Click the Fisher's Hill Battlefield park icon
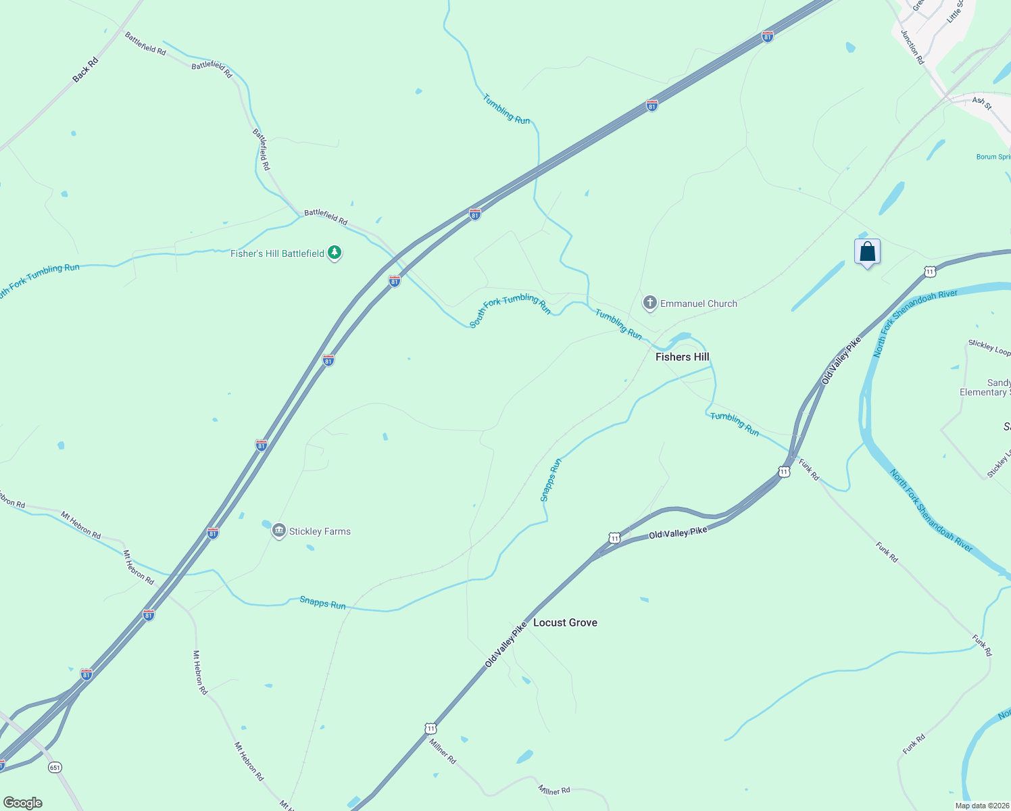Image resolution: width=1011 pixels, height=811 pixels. pyautogui.click(x=334, y=253)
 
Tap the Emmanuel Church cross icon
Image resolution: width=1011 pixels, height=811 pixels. pyautogui.click(x=649, y=303)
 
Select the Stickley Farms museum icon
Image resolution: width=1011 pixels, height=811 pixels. pyautogui.click(x=278, y=531)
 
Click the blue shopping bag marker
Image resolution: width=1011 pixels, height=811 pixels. pyautogui.click(x=867, y=252)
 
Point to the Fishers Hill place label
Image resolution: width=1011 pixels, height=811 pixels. pyautogui.click(x=682, y=357)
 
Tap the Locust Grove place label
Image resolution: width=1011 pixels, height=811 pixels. pyautogui.click(x=565, y=622)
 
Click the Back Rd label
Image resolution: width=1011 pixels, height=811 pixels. pyautogui.click(x=85, y=70)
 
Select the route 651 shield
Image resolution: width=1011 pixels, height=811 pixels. pyautogui.click(x=55, y=767)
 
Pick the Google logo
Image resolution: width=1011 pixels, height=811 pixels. pyautogui.click(x=23, y=803)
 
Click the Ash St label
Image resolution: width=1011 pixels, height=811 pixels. pyautogui.click(x=982, y=103)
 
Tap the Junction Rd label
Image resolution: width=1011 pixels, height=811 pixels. pyautogui.click(x=912, y=47)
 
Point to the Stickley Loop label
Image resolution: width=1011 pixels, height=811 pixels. pyautogui.click(x=989, y=347)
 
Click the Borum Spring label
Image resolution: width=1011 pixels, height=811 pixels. pyautogui.click(x=993, y=157)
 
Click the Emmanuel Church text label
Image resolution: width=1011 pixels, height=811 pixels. pyautogui.click(x=698, y=303)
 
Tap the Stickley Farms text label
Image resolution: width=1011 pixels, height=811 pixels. pyautogui.click(x=320, y=531)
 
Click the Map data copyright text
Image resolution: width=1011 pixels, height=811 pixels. pyautogui.click(x=982, y=806)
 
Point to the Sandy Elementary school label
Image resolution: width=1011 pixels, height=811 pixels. pyautogui.click(x=986, y=387)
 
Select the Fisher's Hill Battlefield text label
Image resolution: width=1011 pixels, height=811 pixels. pyautogui.click(x=277, y=253)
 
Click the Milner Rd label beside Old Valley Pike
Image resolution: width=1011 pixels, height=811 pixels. pyautogui.click(x=443, y=751)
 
